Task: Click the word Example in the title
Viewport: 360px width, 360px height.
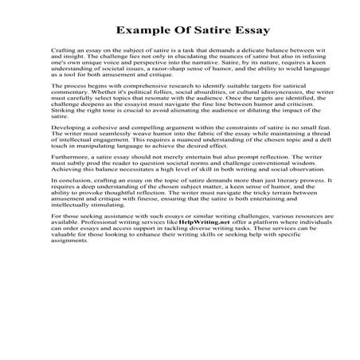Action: [x=142, y=31]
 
